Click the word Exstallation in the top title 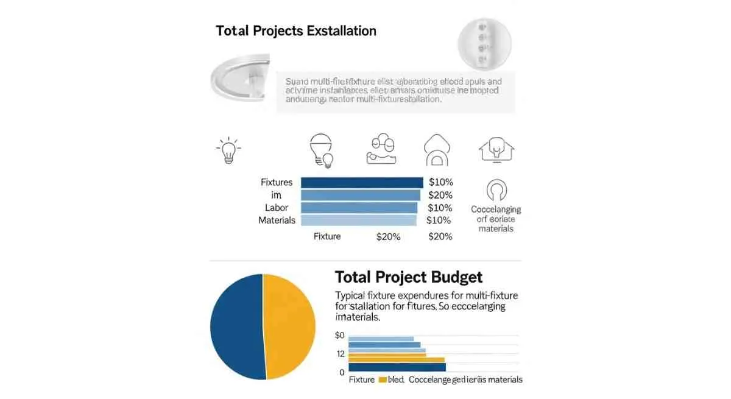pyautogui.click(x=339, y=31)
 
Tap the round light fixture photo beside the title pyautogui.click(x=484, y=42)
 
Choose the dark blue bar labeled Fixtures pyautogui.click(x=361, y=182)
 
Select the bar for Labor pyautogui.click(x=359, y=208)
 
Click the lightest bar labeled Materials pyautogui.click(x=359, y=220)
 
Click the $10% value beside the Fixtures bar pyautogui.click(x=440, y=182)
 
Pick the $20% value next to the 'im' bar pyautogui.click(x=440, y=195)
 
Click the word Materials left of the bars pyautogui.click(x=277, y=221)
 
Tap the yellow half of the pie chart pyautogui.click(x=289, y=325)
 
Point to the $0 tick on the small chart pyautogui.click(x=340, y=336)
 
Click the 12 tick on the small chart pyautogui.click(x=340, y=354)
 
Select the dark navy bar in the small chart pyautogui.click(x=397, y=367)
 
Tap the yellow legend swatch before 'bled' pyautogui.click(x=383, y=380)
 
